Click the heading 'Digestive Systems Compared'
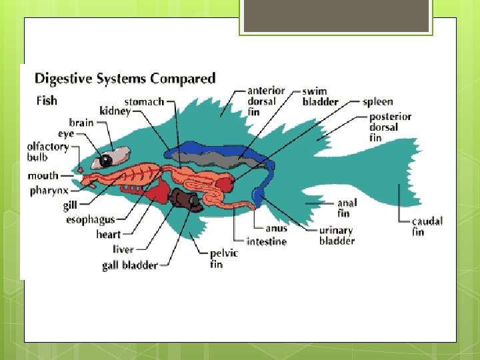125,79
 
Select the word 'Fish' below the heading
46,101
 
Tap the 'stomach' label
144,102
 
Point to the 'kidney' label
115,111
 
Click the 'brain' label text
81,123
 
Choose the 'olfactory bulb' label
47,152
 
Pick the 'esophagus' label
90,219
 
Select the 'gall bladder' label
129,265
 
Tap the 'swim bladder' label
320,97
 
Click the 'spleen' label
377,102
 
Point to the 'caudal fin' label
427,227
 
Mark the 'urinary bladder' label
337,235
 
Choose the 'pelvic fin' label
224,259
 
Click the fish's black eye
105,161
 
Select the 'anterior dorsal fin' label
265,101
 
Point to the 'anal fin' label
347,208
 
